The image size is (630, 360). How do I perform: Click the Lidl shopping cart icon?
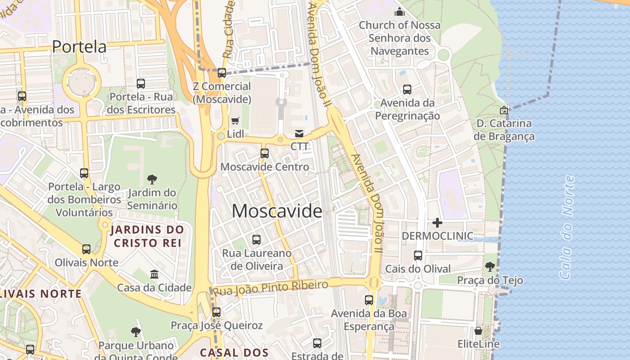235,121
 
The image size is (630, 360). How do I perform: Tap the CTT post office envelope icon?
299,133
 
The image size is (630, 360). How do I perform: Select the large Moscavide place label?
277,211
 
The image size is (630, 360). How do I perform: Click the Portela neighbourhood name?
79,46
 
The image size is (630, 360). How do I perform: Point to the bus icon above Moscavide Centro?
265,153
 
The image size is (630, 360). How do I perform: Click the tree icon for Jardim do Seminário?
152,180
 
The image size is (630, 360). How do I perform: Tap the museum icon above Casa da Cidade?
154,274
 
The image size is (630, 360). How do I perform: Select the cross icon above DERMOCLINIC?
437,223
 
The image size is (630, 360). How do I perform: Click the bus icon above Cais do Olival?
418,256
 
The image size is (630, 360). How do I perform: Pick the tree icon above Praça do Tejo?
490,267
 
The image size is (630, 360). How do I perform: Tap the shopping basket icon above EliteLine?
478,331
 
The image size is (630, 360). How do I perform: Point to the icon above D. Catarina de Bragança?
504,110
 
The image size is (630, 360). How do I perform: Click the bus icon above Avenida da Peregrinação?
407,90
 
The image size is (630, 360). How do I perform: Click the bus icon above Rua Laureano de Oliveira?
256,240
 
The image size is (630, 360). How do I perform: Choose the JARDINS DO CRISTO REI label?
148,236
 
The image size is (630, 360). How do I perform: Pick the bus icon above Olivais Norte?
86,249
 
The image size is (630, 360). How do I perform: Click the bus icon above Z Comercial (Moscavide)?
222,73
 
